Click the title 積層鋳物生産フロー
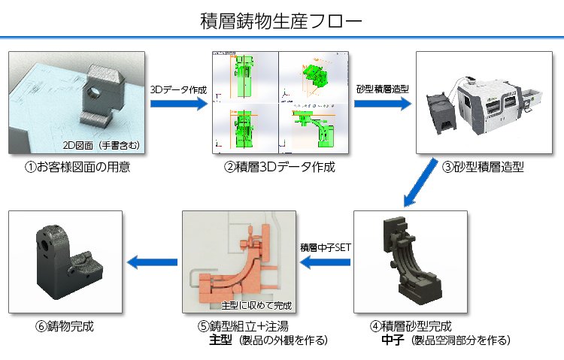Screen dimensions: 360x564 [281, 20]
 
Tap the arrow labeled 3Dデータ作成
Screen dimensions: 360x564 [178, 104]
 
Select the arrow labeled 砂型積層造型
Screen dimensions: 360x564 [382, 104]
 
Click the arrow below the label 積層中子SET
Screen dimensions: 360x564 [326, 262]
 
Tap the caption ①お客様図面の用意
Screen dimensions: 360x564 [77, 167]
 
